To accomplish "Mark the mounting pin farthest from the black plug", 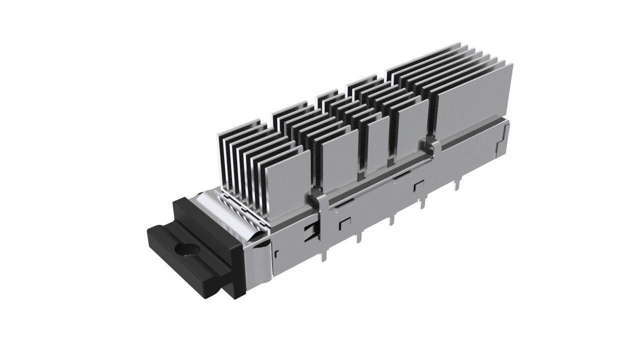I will pyautogui.click(x=456, y=186).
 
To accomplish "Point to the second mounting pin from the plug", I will pyautogui.click(x=358, y=237).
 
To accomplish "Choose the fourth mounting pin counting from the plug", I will pyautogui.click(x=424, y=202).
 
